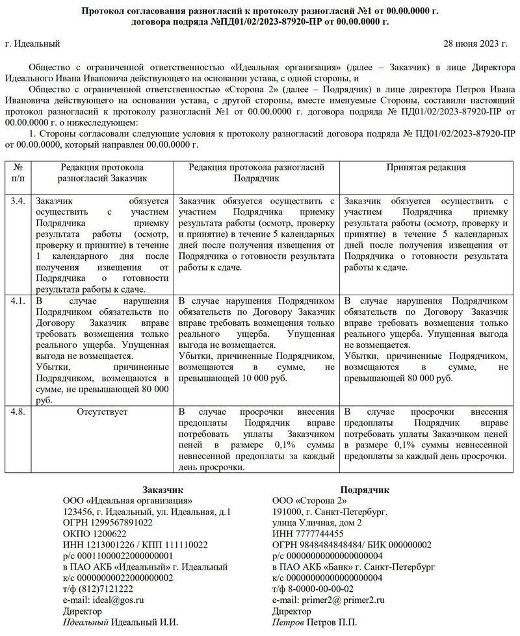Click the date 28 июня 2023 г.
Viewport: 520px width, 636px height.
[x=475, y=44]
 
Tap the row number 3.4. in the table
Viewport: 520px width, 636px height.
[x=18, y=202]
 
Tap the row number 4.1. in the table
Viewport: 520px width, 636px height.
[x=18, y=302]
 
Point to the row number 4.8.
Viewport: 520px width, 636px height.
[x=18, y=412]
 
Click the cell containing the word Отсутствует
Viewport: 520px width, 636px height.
[x=103, y=412]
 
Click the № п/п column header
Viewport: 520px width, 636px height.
[x=18, y=172]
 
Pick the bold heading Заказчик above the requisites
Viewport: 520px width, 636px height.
[x=162, y=490]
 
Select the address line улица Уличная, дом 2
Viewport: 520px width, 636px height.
[x=317, y=523]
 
